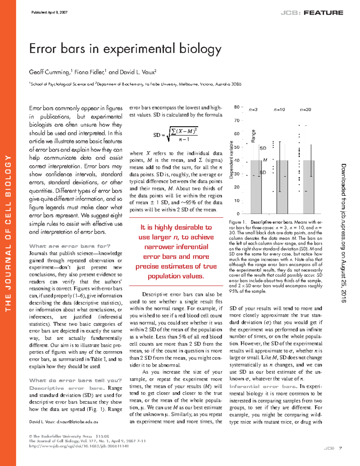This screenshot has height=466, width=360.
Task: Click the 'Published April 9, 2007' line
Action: [x=49, y=13]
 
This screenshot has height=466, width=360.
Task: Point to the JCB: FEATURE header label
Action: [x=312, y=13]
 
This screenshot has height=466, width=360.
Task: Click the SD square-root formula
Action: [x=175, y=134]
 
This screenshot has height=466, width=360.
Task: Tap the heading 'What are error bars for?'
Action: [x=70, y=246]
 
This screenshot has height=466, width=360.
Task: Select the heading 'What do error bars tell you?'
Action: [x=75, y=380]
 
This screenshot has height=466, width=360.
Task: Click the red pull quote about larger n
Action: [x=176, y=251]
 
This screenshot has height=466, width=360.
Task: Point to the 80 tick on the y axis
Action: [x=237, y=107]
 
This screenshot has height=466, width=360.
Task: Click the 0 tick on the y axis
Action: [x=238, y=214]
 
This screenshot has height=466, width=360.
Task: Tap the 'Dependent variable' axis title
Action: [x=231, y=160]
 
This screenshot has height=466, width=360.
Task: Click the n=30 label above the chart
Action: [x=305, y=110]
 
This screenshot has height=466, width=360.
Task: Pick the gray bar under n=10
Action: [x=282, y=192]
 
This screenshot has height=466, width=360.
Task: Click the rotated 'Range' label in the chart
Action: [x=253, y=136]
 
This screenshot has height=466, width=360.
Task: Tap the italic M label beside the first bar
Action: [x=265, y=160]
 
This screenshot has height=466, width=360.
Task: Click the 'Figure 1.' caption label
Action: [x=238, y=222]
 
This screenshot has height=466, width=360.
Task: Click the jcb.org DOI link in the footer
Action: [x=79, y=446]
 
